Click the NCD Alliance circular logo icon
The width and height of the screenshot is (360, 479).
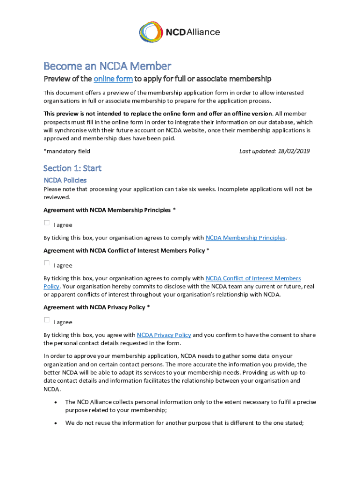[151, 32]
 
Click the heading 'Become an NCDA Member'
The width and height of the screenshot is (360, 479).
[107, 66]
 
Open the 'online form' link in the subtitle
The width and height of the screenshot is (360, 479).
[113, 79]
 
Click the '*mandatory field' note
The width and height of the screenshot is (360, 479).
[67, 151]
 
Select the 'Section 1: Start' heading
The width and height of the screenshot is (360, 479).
[72, 168]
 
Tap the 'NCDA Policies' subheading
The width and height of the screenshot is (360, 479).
[65, 180]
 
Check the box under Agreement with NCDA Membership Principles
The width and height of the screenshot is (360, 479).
[47, 223]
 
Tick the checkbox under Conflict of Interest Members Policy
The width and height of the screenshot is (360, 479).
[47, 263]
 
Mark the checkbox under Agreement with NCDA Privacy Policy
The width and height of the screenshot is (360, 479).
[47, 320]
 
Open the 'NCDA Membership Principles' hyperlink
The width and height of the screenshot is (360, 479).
[245, 238]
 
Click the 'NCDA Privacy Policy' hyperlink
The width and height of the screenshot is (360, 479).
[164, 335]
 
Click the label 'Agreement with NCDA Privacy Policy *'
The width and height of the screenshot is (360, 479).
[97, 307]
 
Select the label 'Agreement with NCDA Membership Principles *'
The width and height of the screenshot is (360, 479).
[109, 210]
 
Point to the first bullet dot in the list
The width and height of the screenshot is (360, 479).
[56, 402]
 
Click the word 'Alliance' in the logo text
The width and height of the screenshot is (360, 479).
[203, 32]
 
